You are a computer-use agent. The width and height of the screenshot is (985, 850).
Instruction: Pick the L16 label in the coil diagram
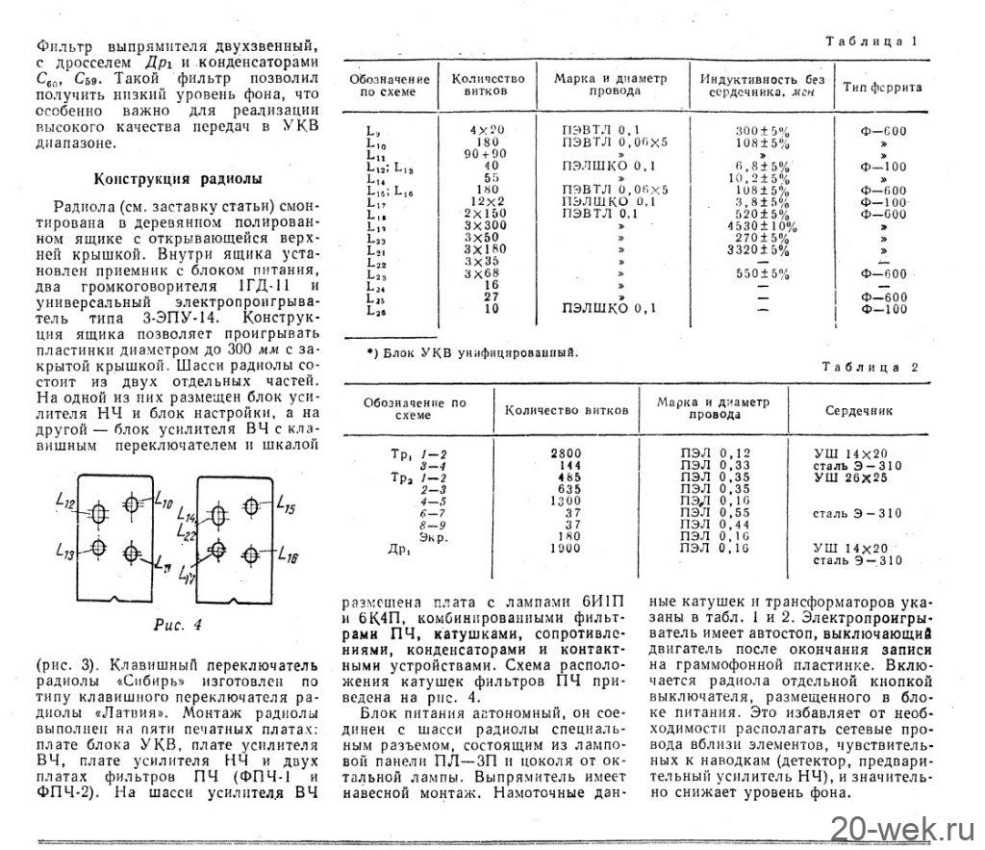pyautogui.click(x=288, y=555)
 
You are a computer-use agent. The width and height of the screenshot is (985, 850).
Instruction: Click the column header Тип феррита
pyautogui.click(x=882, y=88)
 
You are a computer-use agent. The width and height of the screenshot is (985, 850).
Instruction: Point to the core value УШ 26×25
pyautogui.click(x=850, y=477)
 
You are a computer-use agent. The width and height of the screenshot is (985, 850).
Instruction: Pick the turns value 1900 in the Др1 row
pyautogui.click(x=567, y=549)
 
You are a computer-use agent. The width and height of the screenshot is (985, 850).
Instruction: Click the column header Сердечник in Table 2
pyautogui.click(x=858, y=410)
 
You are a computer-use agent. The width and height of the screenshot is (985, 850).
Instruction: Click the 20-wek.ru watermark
pyautogui.click(x=905, y=825)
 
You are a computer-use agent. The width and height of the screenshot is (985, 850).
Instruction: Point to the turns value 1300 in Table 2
pyautogui.click(x=567, y=501)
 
